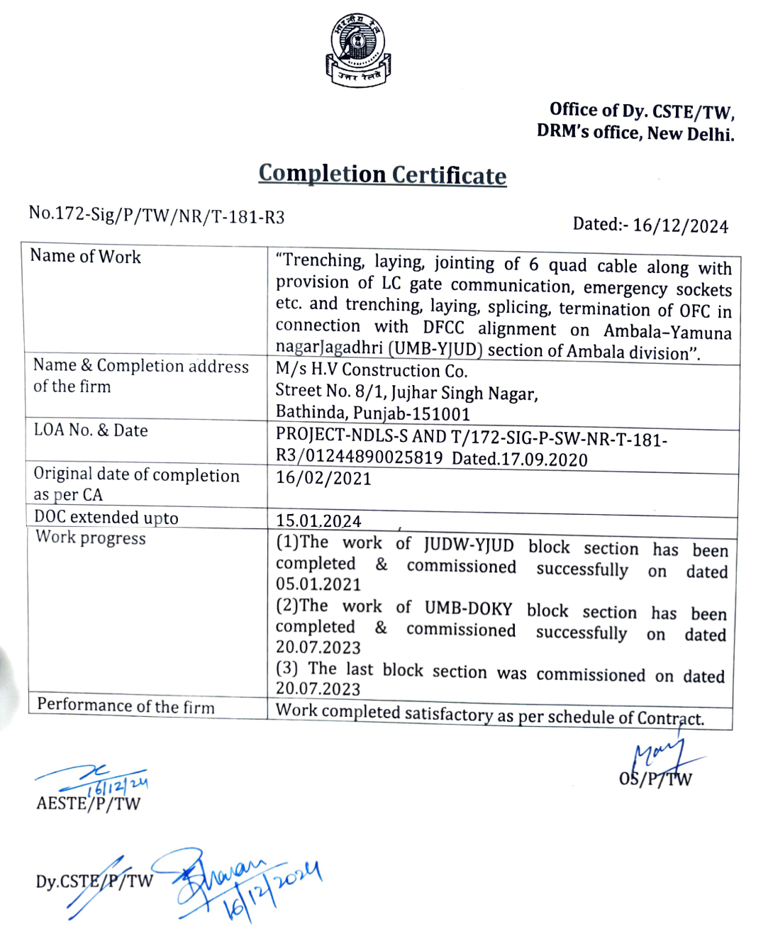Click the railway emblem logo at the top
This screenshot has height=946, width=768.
point(358,50)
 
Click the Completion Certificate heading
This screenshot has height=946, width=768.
point(382,174)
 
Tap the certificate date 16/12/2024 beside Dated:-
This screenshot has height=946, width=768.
point(680,226)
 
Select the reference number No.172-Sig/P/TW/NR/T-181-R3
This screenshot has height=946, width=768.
point(157,215)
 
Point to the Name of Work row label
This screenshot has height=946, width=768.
point(86,257)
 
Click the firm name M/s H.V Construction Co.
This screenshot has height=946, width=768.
point(372,370)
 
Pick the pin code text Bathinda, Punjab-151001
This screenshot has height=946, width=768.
point(373,413)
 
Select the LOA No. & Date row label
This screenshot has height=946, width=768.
point(91,430)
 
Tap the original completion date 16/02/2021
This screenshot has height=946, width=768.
point(323,479)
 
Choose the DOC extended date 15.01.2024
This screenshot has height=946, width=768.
point(318,521)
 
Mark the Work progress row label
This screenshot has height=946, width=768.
point(91,538)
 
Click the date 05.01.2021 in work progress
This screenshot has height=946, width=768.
point(318,584)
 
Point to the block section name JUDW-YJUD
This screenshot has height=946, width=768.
point(469,545)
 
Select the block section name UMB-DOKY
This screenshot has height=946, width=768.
point(468,608)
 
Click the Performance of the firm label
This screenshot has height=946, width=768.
point(126,706)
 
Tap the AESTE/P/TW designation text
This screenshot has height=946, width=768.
point(89,803)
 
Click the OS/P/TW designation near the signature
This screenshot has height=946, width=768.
point(655,779)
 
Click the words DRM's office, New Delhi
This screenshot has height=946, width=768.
point(635,133)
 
